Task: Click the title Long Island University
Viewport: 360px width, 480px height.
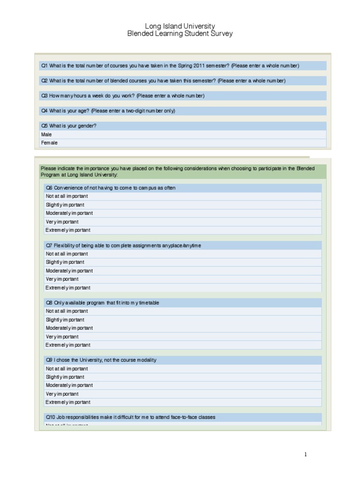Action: [180, 26]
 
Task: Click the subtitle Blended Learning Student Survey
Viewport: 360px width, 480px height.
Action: [180, 34]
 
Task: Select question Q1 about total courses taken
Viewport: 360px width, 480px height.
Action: [170, 66]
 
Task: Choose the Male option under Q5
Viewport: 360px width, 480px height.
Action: [47, 135]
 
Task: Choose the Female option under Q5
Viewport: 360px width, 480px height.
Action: [49, 143]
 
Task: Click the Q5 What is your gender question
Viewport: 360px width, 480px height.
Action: [69, 126]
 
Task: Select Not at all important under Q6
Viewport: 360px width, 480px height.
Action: [67, 196]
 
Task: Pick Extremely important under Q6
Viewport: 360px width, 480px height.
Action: [68, 230]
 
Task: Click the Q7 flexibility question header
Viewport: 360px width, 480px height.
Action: [123, 245]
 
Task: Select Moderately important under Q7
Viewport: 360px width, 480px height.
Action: [69, 271]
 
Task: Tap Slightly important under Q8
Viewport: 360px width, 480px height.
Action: [65, 320]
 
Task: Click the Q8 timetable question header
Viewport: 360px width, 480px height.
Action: [102, 303]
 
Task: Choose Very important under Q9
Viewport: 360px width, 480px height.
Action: [62, 394]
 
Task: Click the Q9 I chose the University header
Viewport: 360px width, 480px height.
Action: [101, 360]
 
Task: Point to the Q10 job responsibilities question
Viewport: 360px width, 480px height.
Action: [130, 417]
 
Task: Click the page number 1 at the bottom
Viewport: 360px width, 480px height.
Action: [306, 454]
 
